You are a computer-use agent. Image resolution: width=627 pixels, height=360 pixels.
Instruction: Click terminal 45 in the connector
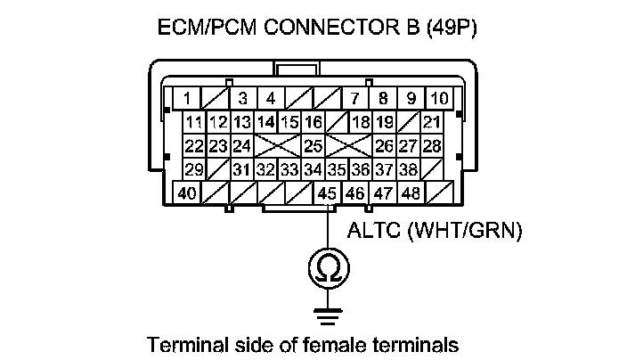pyautogui.click(x=327, y=192)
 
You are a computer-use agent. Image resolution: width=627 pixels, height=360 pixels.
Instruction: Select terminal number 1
pyautogui.click(x=187, y=98)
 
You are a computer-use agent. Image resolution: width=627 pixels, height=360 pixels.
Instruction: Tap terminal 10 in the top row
pyautogui.click(x=439, y=98)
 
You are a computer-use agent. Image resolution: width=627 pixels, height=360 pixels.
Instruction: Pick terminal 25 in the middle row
pyautogui.click(x=313, y=145)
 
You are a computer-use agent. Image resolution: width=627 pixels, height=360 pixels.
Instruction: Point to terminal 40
pyautogui.click(x=187, y=192)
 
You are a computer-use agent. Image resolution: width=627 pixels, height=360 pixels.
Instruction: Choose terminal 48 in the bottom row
pyautogui.click(x=411, y=192)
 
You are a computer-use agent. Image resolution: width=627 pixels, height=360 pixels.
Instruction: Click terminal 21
pyautogui.click(x=432, y=122)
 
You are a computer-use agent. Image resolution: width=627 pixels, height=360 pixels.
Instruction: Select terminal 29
pyautogui.click(x=193, y=169)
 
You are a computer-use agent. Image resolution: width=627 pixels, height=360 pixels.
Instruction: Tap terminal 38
pyautogui.click(x=409, y=169)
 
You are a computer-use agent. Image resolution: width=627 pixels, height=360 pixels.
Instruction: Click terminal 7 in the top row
pyautogui.click(x=354, y=98)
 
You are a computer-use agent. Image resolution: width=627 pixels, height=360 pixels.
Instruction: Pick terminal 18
pyautogui.click(x=361, y=122)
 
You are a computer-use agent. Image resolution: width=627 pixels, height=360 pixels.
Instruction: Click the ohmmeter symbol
pyautogui.click(x=328, y=269)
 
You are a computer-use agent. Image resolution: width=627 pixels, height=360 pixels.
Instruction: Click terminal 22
pyautogui.click(x=193, y=145)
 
